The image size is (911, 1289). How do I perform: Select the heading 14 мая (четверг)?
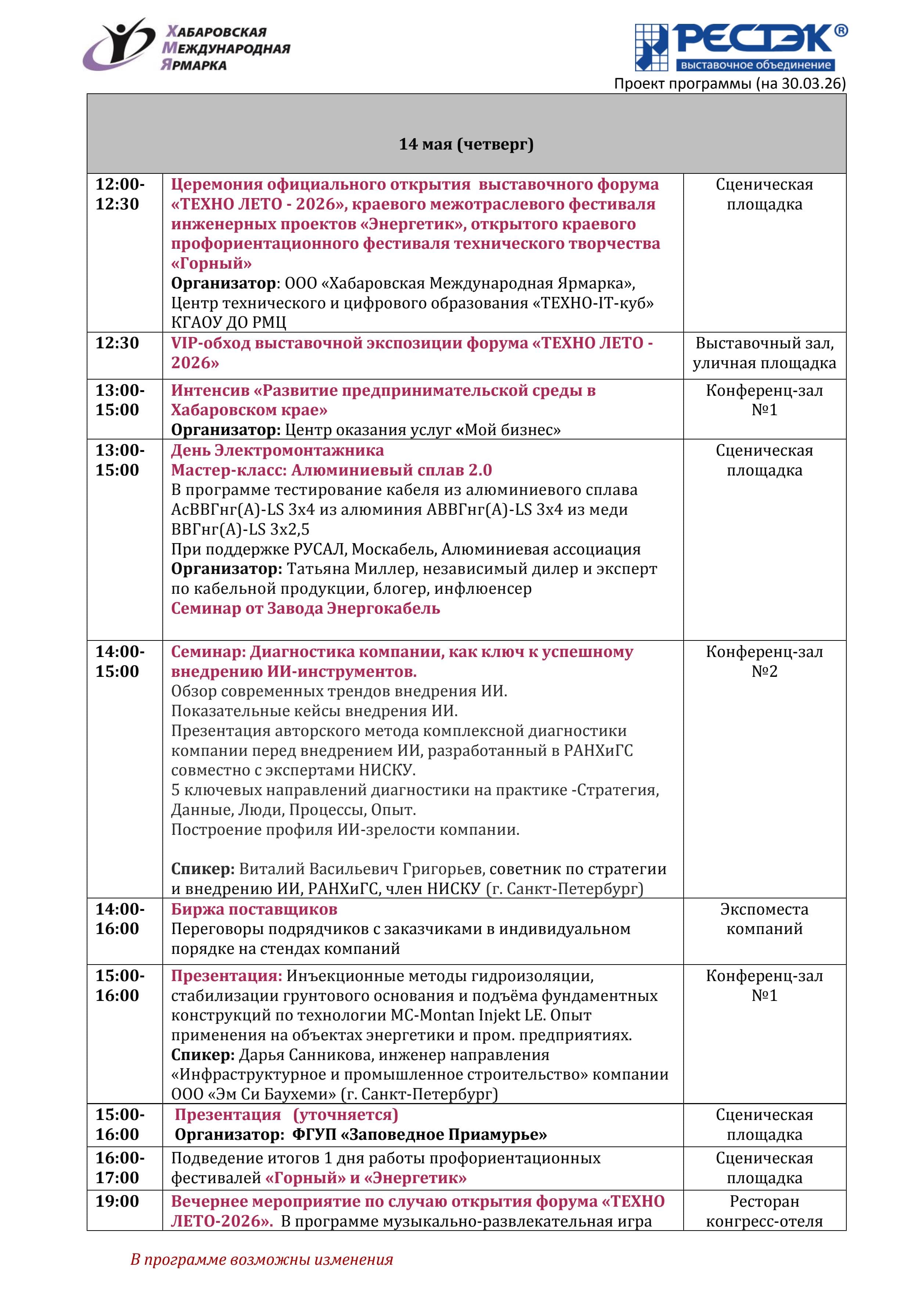[x=466, y=144]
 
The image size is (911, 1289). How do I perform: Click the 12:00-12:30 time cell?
[x=119, y=194]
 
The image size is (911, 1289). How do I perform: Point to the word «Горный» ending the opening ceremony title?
[x=212, y=263]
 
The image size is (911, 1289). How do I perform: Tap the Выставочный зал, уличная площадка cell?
[x=764, y=353]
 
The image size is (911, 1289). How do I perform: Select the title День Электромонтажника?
[x=277, y=450]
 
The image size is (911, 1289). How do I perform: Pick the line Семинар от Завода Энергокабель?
[x=305, y=608]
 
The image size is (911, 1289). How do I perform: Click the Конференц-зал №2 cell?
[x=764, y=661]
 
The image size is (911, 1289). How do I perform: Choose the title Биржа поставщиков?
[x=254, y=909]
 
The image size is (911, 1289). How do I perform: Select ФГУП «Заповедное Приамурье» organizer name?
[x=419, y=1135]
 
